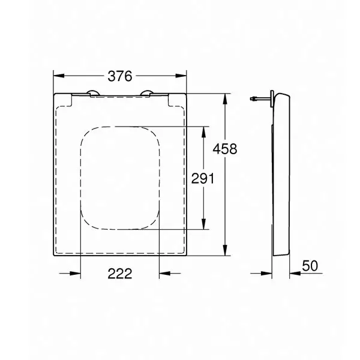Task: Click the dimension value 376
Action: click(120, 76)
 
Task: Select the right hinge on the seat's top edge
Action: click(147, 92)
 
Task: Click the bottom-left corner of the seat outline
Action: click(55, 254)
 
